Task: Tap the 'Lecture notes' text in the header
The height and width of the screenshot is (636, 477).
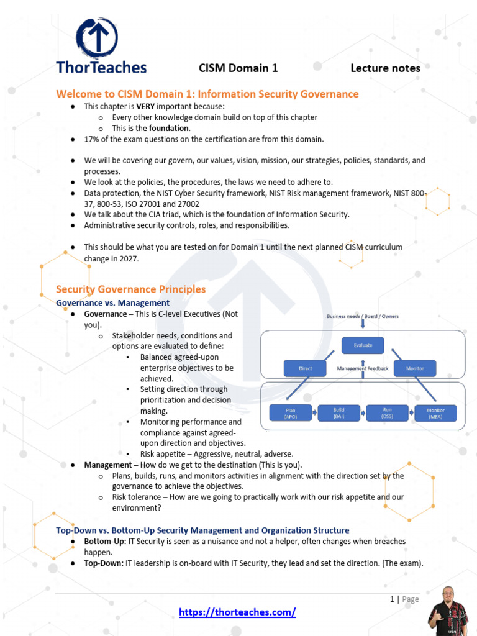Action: click(385, 68)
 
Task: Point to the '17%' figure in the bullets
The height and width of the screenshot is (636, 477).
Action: click(93, 139)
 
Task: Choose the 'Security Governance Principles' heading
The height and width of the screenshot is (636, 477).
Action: click(130, 289)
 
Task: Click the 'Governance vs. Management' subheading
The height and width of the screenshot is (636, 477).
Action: click(112, 303)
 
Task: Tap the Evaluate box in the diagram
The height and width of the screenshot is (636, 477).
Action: click(363, 345)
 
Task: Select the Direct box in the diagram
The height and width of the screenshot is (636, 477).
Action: click(306, 368)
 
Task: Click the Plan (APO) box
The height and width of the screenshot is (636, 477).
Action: click(291, 413)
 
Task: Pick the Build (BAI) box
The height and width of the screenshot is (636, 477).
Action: click(338, 413)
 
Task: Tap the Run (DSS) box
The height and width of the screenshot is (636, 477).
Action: click(387, 413)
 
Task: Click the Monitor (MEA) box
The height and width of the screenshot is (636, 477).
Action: click(435, 413)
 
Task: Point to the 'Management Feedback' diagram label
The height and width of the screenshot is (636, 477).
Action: click(363, 368)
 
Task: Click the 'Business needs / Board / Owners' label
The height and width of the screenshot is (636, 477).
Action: click(363, 316)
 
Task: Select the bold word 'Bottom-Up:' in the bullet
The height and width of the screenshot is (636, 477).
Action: click(105, 542)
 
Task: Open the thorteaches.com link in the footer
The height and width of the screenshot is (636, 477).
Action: click(237, 612)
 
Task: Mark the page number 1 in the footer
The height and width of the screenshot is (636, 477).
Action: click(393, 599)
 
